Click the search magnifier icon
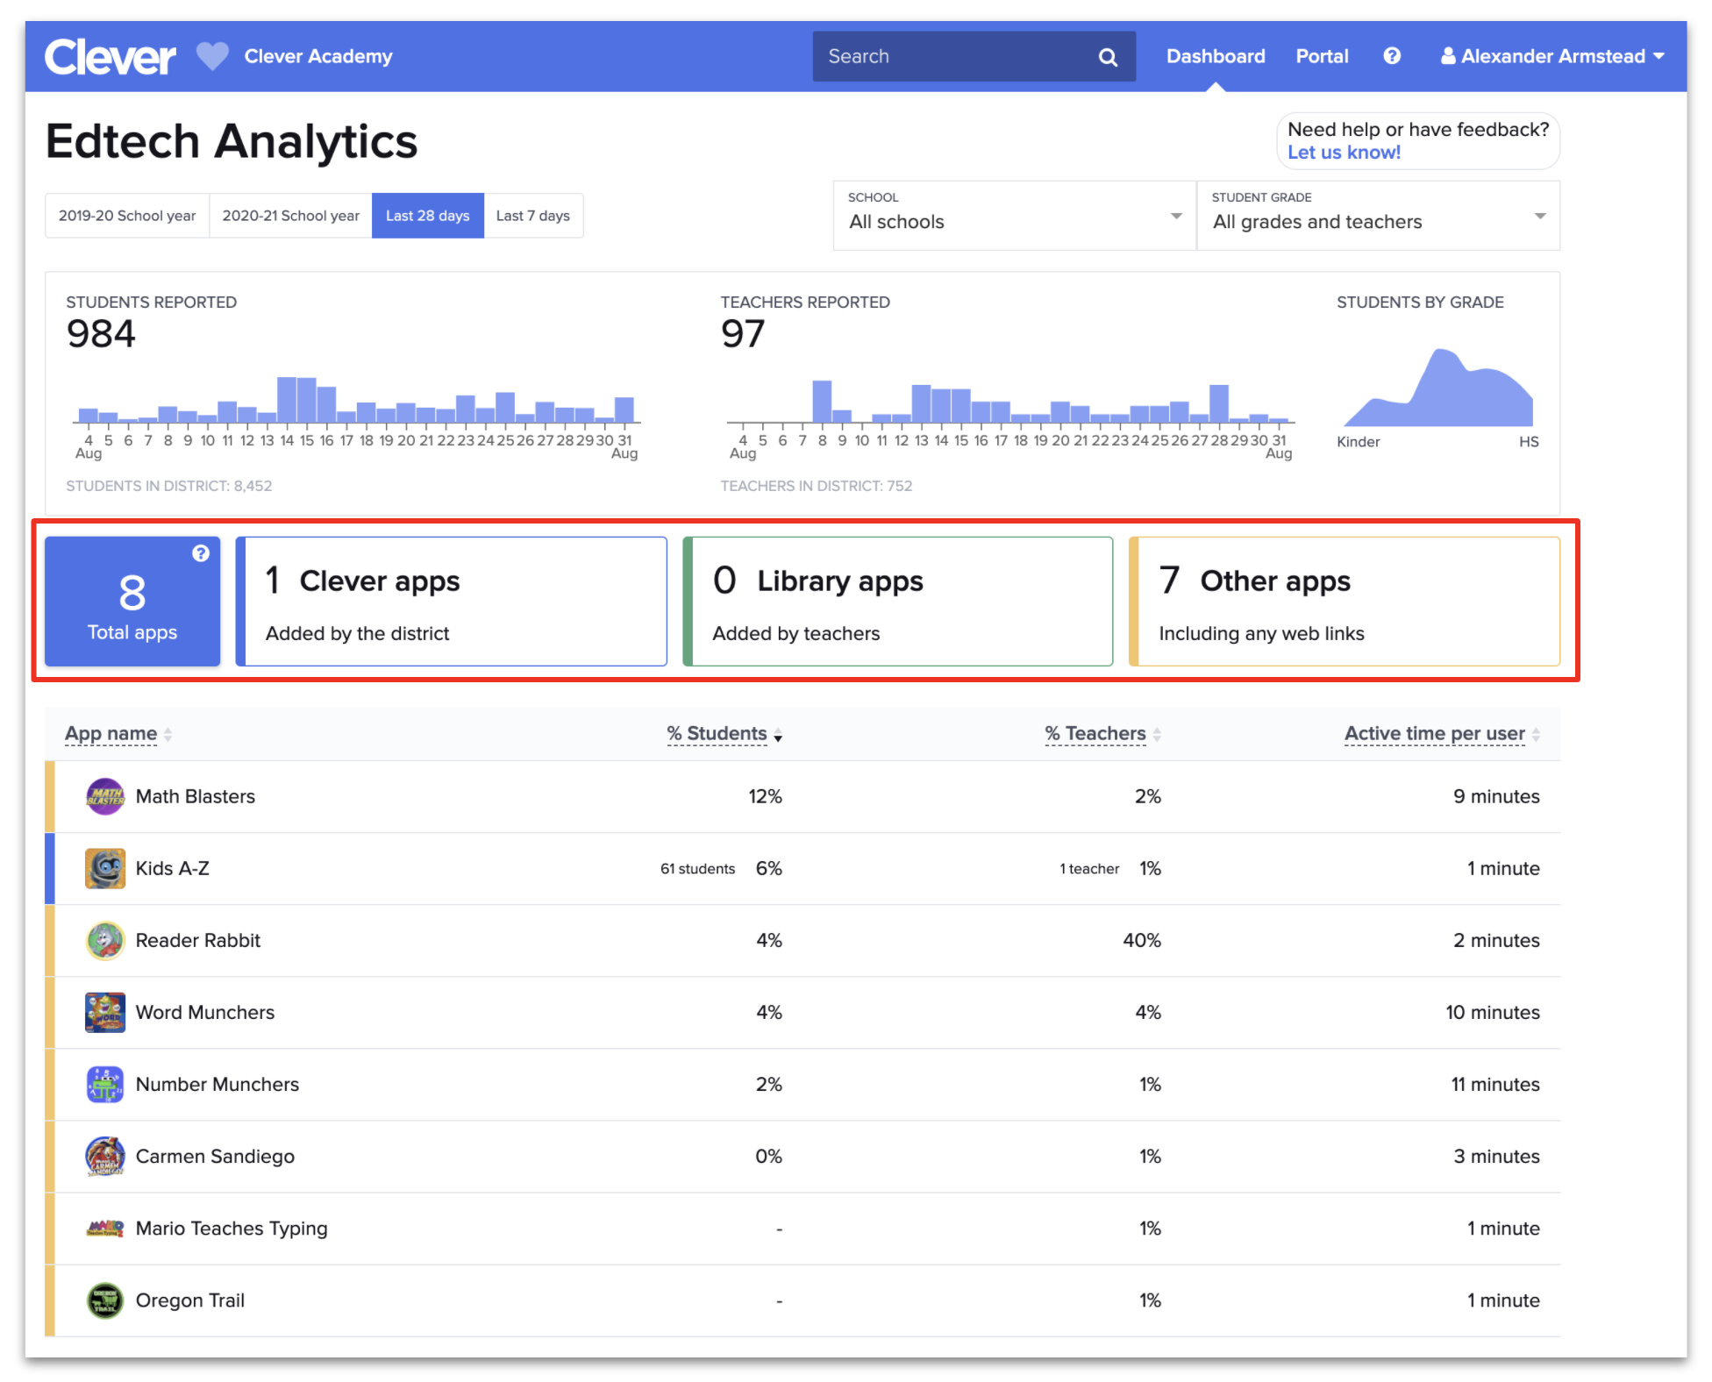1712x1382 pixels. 1108,57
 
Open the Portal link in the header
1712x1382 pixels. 1322,56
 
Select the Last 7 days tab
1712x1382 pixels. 532,216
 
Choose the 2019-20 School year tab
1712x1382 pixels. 127,216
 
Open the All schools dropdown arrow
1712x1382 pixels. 1175,216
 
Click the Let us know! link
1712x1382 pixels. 1344,153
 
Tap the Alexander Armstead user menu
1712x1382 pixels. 1552,56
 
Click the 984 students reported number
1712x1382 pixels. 101,334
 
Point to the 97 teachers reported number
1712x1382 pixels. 743,334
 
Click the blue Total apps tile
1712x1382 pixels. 132,602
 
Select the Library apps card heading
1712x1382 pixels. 839,581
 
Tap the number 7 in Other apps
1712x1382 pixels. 1169,580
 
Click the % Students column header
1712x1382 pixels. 717,733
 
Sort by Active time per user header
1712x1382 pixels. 1435,733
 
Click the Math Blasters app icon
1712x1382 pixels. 105,796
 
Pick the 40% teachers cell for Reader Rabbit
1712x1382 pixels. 1141,940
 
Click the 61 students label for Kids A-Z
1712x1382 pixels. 697,868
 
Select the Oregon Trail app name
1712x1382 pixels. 190,1300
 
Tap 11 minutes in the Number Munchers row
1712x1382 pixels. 1494,1084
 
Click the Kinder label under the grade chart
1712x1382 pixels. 1358,442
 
